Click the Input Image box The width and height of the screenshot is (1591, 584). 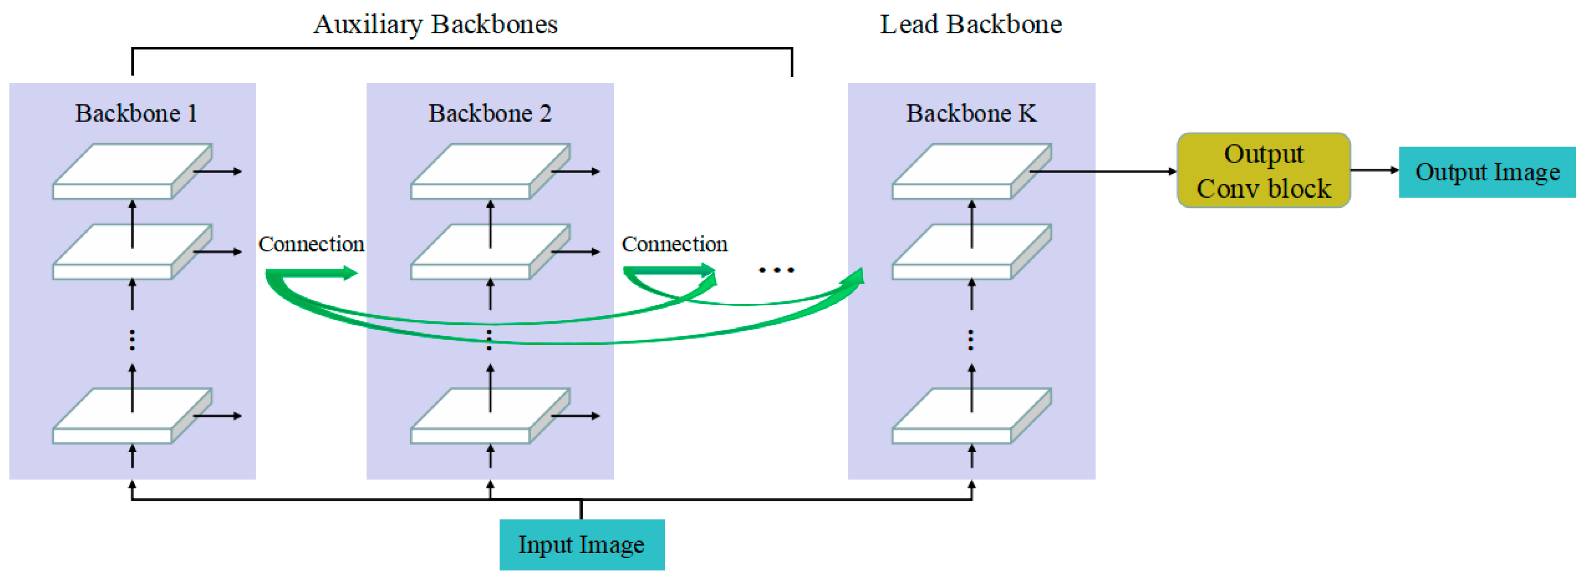[582, 544]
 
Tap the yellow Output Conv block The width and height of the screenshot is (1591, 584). [1263, 170]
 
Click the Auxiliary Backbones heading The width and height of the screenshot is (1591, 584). [435, 24]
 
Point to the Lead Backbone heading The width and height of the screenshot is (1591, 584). [970, 24]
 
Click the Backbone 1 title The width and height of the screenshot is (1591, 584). [136, 114]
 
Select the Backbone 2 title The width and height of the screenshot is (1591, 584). [490, 114]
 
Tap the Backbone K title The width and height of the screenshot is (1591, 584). [971, 114]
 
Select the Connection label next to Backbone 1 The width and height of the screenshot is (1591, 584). [311, 244]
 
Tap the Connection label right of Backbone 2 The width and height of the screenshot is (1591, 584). [674, 244]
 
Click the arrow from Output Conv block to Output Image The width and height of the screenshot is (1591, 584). [1374, 170]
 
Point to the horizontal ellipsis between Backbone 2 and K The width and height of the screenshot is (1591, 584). [776, 270]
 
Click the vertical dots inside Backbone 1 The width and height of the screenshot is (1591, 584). [132, 340]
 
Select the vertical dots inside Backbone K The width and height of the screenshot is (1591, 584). [971, 340]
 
